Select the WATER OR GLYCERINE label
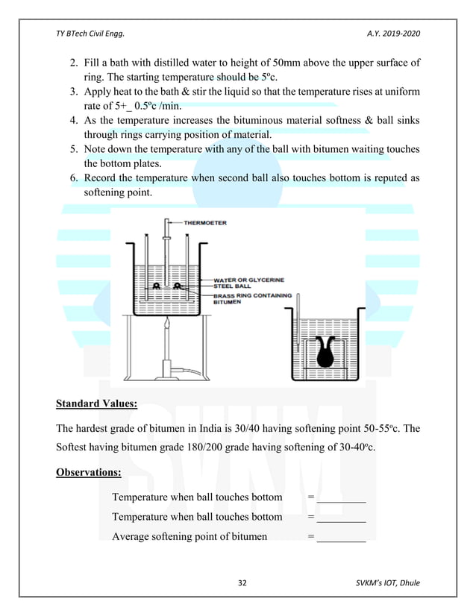pyautogui.click(x=248, y=280)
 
